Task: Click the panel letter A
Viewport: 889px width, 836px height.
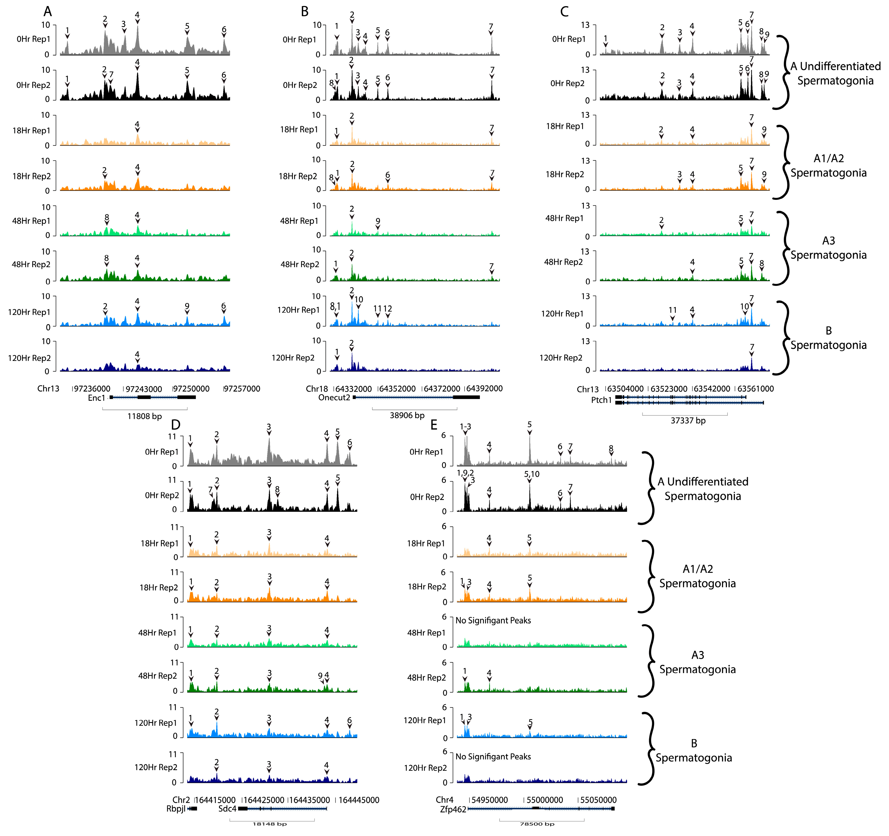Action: (x=47, y=11)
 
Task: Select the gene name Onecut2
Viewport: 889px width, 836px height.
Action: (x=334, y=397)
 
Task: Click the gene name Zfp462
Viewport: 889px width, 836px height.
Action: (x=453, y=809)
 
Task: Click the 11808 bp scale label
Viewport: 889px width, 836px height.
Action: (x=145, y=416)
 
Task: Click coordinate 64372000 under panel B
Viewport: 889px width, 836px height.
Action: (x=441, y=388)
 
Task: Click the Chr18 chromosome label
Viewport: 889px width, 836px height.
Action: (x=317, y=388)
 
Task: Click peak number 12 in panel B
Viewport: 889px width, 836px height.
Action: (x=388, y=308)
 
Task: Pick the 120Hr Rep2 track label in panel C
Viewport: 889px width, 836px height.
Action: (x=561, y=358)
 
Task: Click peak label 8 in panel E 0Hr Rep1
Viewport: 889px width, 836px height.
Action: (x=611, y=448)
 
